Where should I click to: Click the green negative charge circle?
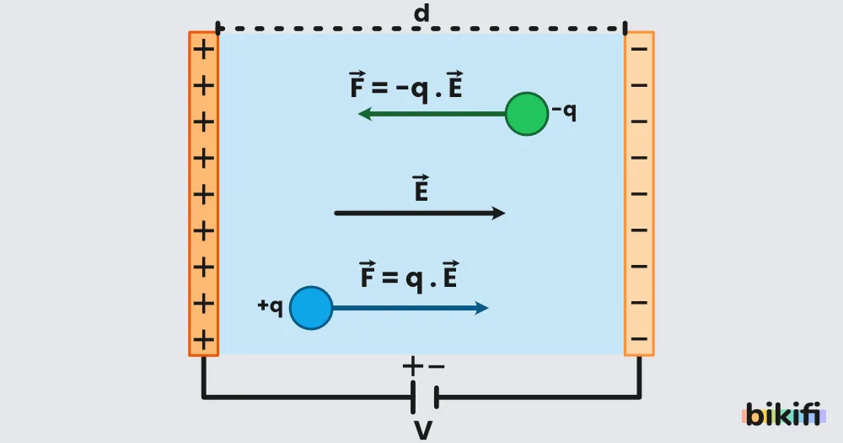click(527, 114)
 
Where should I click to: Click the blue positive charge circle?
click(311, 308)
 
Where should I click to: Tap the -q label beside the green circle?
click(564, 111)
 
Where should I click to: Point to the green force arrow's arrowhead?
click(365, 114)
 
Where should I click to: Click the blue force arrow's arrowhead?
click(481, 308)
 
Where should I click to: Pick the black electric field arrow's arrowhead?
click(498, 213)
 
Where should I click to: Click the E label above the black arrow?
click(421, 187)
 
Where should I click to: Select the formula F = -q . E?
click(406, 86)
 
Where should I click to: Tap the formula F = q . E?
click(409, 277)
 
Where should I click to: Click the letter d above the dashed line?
click(421, 13)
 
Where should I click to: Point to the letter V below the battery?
click(424, 430)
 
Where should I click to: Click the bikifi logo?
click(784, 414)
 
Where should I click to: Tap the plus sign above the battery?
click(412, 366)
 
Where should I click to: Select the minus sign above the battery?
click(437, 367)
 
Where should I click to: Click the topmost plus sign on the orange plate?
click(204, 50)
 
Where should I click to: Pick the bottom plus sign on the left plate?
click(204, 340)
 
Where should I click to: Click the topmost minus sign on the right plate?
click(639, 50)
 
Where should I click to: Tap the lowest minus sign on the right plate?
click(639, 339)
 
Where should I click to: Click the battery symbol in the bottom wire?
click(425, 397)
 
